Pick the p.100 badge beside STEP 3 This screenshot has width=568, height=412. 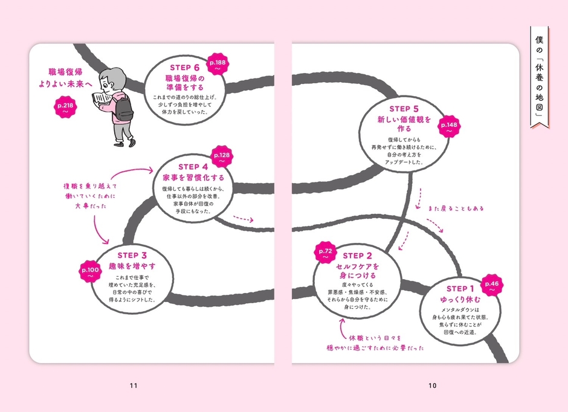tap(91, 272)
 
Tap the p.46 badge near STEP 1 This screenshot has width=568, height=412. tap(491, 286)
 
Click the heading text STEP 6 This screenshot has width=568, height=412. tap(182, 68)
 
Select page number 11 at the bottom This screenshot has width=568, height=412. tap(134, 385)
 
